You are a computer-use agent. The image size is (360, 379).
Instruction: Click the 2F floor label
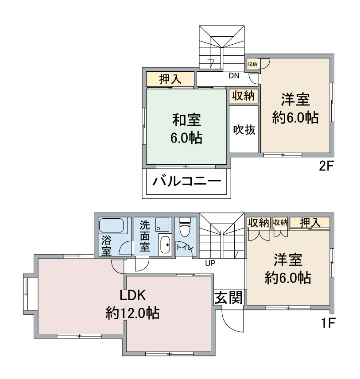[x=326, y=167]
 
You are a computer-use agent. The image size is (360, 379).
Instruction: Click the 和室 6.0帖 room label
[x=186, y=128]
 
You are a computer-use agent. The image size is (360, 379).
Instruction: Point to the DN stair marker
[x=234, y=76]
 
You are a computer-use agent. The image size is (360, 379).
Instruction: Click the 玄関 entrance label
[x=229, y=298]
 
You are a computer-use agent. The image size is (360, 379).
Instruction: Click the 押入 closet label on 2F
[x=170, y=80]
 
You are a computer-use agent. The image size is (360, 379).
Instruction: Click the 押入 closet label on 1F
[x=311, y=223]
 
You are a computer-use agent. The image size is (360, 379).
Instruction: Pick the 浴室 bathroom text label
[x=106, y=246]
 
